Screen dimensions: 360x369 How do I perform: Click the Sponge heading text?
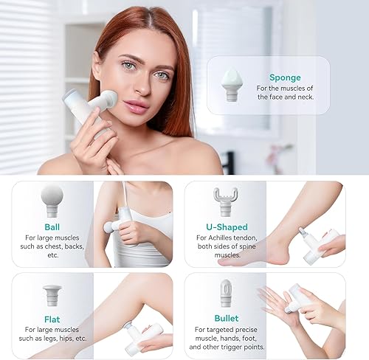pyautogui.click(x=284, y=76)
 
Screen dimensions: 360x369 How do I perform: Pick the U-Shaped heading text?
pyautogui.click(x=227, y=227)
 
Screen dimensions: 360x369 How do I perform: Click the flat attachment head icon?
pyautogui.click(x=52, y=294)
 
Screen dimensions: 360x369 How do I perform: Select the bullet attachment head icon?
pyautogui.click(x=227, y=294)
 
